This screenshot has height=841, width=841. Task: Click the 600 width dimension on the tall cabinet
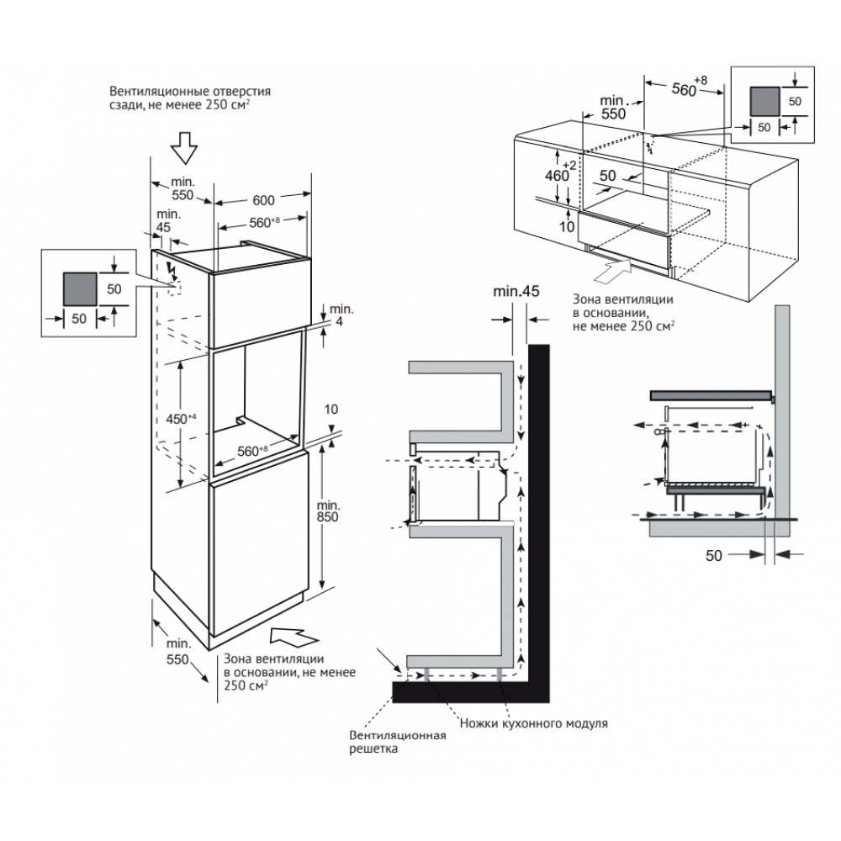coord(264,201)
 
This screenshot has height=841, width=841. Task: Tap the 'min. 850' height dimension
coord(328,511)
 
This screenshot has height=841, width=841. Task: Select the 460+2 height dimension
coord(559,176)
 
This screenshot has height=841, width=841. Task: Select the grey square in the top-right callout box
coord(764,99)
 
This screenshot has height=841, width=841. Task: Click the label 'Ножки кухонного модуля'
coord(533,723)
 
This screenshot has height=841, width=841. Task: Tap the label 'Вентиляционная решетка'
coord(397,741)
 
